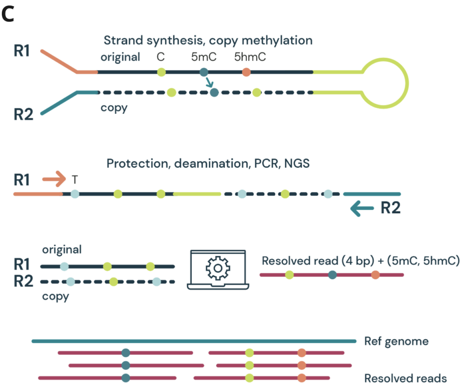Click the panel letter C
tap(9, 15)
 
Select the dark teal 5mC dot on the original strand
tap(203, 71)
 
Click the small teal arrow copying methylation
tap(209, 83)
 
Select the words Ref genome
tap(396, 341)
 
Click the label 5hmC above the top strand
tap(246, 57)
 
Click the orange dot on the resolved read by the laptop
tap(375, 274)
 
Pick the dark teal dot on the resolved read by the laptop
tap(333, 274)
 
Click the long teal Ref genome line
tap(194, 341)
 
